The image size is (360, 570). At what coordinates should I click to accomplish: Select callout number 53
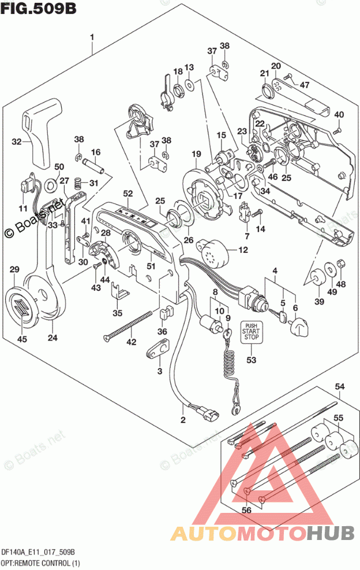tap(250, 361)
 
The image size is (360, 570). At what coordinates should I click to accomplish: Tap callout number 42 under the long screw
tap(131, 343)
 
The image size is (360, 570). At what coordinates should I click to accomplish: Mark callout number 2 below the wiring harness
tap(183, 419)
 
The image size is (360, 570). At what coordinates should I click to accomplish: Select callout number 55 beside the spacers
tap(339, 417)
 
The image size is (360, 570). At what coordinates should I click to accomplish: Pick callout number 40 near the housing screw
tap(339, 114)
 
